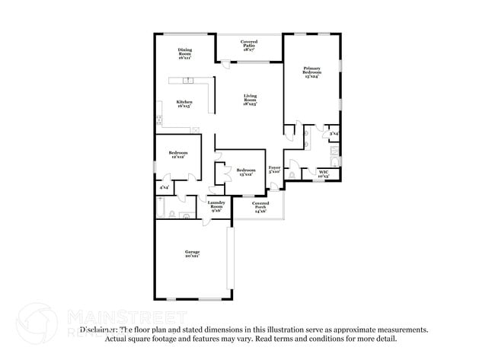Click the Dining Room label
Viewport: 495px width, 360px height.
click(185, 53)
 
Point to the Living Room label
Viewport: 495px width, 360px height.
click(250, 100)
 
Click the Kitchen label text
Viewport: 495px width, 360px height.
click(184, 104)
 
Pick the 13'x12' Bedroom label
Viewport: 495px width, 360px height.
click(245, 172)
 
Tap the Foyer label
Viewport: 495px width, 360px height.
click(275, 170)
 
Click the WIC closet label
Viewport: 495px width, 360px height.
click(323, 174)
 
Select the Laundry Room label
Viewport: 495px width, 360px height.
click(216, 206)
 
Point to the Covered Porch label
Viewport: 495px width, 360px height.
click(260, 206)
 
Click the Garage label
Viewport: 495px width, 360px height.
click(191, 254)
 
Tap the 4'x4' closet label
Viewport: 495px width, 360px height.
click(164, 186)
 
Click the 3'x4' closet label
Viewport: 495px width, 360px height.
click(334, 135)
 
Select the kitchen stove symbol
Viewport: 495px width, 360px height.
click(160, 119)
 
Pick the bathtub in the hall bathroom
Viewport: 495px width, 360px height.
click(162, 208)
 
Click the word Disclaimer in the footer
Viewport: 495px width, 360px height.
click(102, 330)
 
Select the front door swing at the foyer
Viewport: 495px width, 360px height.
click(271, 186)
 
